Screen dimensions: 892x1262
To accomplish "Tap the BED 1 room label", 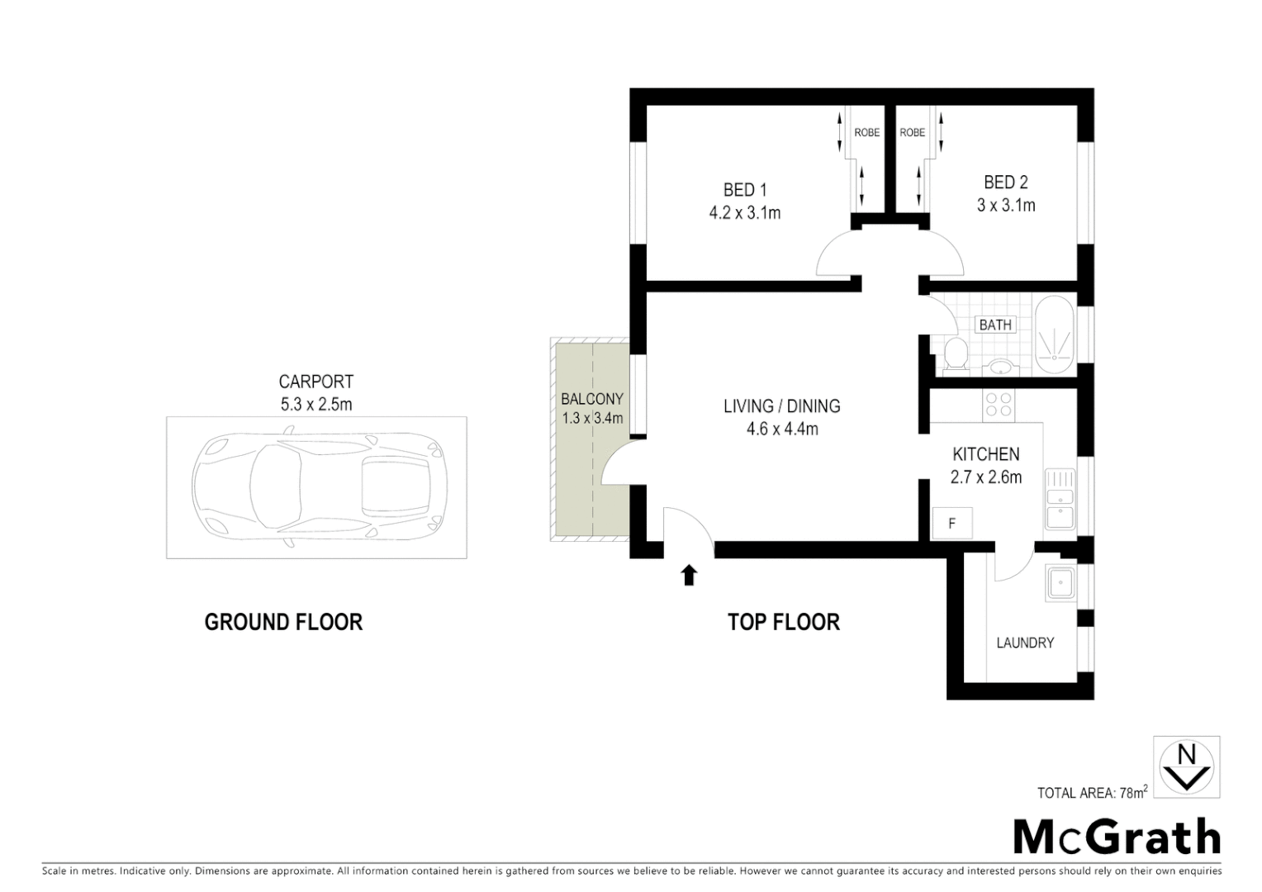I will coord(745,191).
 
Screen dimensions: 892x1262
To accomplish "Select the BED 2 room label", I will coord(1005,183).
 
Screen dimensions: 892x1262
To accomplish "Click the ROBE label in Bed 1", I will coord(866,132).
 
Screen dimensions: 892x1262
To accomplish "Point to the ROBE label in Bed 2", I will coord(912,132).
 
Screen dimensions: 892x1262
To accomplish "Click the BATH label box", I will coord(994,325).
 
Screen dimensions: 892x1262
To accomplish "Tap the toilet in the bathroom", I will coord(956,353).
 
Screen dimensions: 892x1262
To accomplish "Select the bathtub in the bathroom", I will coord(1055,337).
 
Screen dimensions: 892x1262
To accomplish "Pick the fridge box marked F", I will coord(952,524).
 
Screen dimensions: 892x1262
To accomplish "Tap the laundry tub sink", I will coord(1060,583).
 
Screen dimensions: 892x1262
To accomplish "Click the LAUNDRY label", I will coord(1025,643).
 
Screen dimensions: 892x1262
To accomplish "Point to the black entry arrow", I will coord(688,575).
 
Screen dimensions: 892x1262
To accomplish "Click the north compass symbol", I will coord(1186,766).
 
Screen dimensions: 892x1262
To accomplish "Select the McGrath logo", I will coord(1117,837).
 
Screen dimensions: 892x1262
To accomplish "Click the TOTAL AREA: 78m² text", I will coord(1092,793).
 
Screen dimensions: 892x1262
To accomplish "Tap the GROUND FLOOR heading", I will coord(283,622).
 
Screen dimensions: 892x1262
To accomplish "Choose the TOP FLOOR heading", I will coord(783,622).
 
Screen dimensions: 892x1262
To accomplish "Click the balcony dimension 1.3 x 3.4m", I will coord(592,418).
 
